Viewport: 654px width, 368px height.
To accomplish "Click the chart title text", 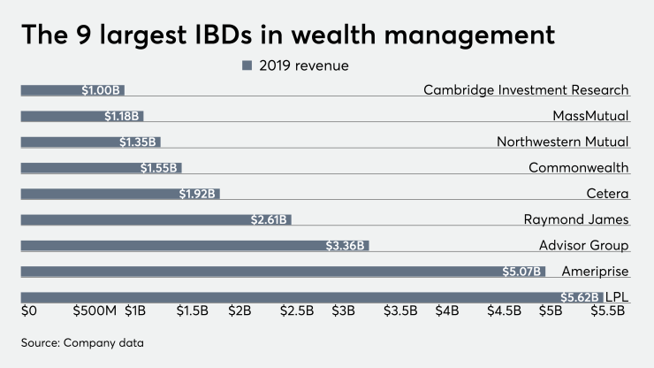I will (288, 34).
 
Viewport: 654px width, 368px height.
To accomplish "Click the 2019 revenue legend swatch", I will (247, 65).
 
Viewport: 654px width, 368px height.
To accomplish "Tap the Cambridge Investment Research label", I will (526, 89).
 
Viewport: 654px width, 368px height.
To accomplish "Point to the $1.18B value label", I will (122, 116).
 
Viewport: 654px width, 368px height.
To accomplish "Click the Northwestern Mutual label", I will (562, 142).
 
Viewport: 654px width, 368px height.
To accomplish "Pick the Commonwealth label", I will (578, 167).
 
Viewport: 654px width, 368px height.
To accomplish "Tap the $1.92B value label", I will (198, 194).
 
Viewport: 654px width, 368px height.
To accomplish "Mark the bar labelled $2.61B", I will (156, 219).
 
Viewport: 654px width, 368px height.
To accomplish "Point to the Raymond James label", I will (574, 218).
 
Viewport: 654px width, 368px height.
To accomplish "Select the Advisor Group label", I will (583, 245).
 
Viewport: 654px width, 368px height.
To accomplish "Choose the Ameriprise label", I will (596, 271).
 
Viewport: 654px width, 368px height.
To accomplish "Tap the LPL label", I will (617, 296).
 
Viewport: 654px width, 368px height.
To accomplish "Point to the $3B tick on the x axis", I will (343, 311).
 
